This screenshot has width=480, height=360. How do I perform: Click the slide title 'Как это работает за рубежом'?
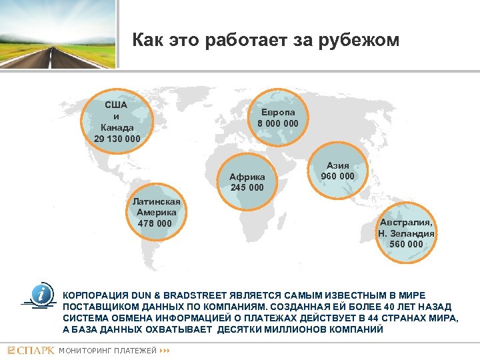click(x=265, y=41)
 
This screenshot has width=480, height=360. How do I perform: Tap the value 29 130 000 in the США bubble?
click(x=117, y=139)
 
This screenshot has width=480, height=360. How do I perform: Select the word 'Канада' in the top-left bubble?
click(x=117, y=127)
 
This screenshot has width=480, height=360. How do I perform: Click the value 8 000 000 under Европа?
click(x=278, y=123)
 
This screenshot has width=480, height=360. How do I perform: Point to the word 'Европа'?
click(x=278, y=112)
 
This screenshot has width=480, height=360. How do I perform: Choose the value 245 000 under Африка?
click(x=247, y=187)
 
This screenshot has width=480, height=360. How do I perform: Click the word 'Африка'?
click(x=247, y=177)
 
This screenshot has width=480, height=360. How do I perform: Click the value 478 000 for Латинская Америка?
click(x=155, y=223)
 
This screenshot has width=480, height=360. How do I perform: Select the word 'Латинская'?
click(x=155, y=201)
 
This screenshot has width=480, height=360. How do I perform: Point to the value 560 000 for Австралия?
click(x=406, y=244)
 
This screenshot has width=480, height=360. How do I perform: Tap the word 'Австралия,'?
click(x=406, y=223)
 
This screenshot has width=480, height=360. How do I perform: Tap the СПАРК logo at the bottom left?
click(x=31, y=351)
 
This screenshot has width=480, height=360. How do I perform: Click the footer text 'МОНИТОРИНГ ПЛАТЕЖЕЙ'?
click(x=108, y=351)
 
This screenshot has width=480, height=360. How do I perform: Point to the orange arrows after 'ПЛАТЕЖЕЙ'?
click(x=166, y=351)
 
